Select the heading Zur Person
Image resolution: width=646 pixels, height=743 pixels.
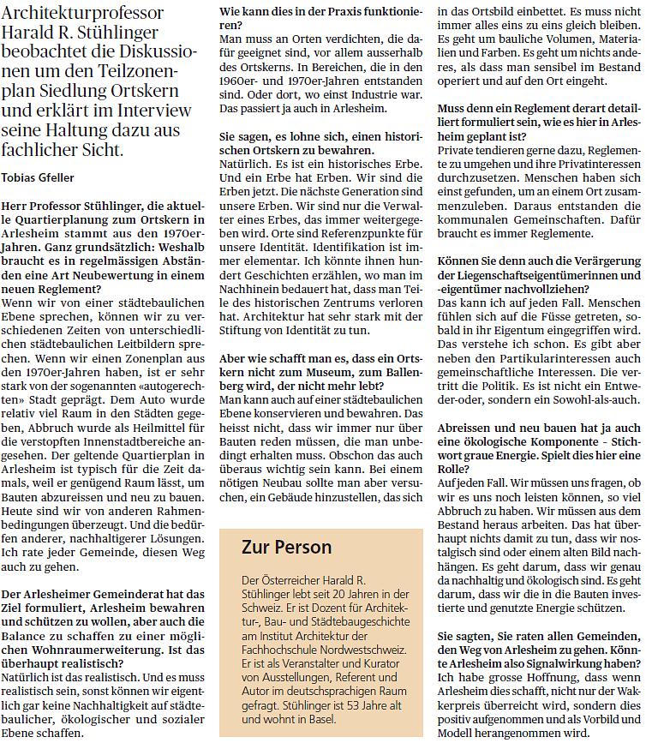(287, 547)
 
